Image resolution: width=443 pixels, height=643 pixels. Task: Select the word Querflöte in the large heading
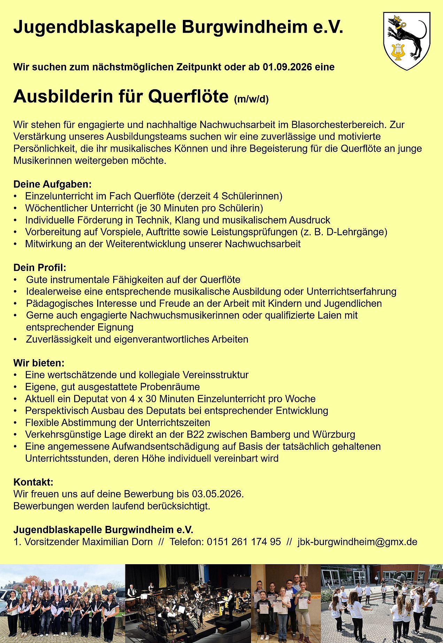188,97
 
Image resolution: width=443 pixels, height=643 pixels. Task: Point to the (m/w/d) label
251,100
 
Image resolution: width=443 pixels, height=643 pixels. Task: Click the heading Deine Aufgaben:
52,184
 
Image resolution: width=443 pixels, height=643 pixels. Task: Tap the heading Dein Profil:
40,267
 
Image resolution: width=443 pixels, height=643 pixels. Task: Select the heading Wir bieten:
39,363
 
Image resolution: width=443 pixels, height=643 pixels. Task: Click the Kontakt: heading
33,482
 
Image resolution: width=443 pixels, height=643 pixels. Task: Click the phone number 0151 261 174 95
244,542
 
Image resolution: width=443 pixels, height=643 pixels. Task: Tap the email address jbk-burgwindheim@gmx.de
357,542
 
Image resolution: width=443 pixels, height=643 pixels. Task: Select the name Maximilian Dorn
117,542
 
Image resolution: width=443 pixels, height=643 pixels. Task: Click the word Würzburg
334,434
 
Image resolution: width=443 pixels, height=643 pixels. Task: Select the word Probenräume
170,387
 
